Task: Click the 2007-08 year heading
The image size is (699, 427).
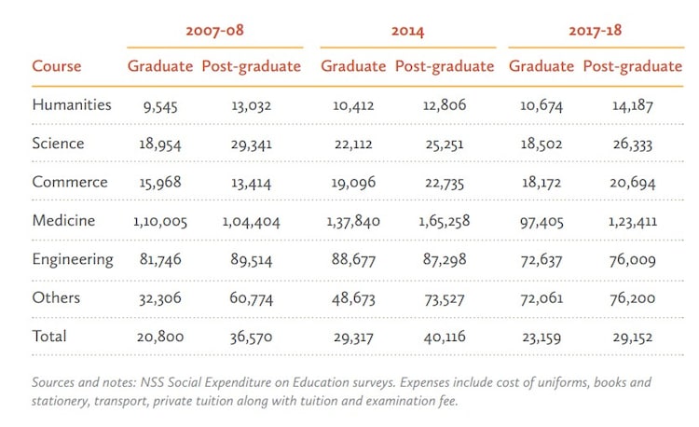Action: click(214, 31)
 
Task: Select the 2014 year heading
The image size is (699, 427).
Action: click(407, 31)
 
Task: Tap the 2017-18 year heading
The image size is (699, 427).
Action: click(595, 31)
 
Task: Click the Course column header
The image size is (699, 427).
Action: click(57, 66)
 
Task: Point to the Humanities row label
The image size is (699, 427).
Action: click(72, 104)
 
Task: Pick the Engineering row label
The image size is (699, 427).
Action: click(73, 259)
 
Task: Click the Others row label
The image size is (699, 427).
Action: click(56, 297)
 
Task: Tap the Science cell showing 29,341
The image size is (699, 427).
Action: click(251, 144)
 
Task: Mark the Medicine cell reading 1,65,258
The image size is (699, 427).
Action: click(444, 221)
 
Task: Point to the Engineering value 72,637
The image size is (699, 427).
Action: click(541, 260)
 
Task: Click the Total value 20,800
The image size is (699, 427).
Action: click(158, 337)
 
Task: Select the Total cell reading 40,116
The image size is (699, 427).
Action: click(444, 337)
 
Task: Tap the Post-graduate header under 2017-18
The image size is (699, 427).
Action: click(632, 66)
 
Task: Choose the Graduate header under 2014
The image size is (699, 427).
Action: click(353, 66)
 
